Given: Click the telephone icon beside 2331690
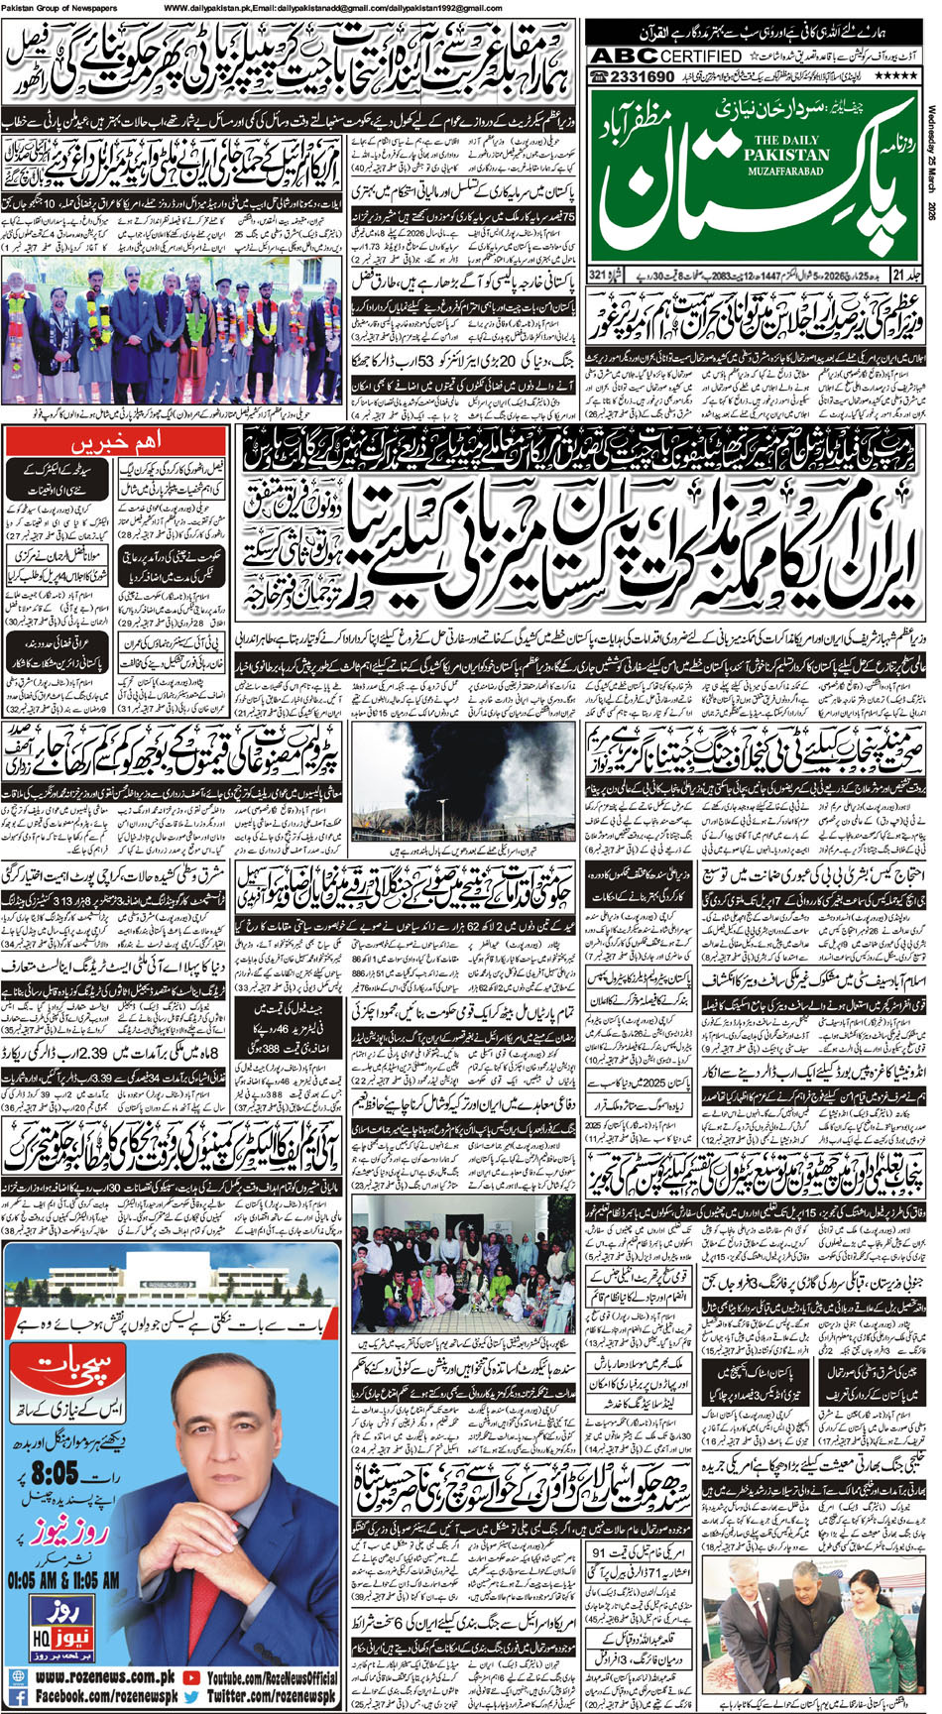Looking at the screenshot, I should [x=600, y=76].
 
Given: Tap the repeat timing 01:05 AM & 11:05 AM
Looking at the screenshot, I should [x=62, y=1570].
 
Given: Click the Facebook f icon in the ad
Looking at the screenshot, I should [x=18, y=1697].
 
